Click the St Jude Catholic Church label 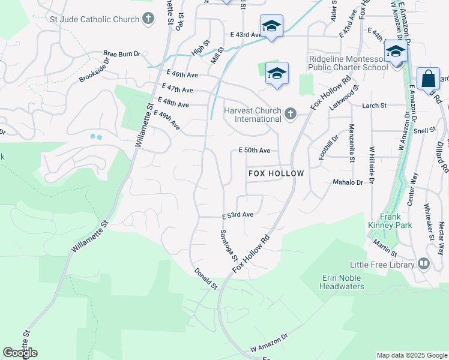(x=95, y=19)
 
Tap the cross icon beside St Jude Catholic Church (x=148, y=19)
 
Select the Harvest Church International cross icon (x=291, y=114)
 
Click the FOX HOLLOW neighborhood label (x=276, y=173)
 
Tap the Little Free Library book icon (x=424, y=264)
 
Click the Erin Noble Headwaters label (x=343, y=282)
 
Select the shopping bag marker (x=428, y=79)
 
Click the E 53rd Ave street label (x=238, y=215)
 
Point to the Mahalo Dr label (x=349, y=182)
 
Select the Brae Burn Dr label (x=121, y=53)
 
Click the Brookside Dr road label (x=97, y=71)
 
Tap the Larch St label (x=375, y=106)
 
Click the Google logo (x=20, y=353)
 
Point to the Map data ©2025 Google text (x=411, y=355)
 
